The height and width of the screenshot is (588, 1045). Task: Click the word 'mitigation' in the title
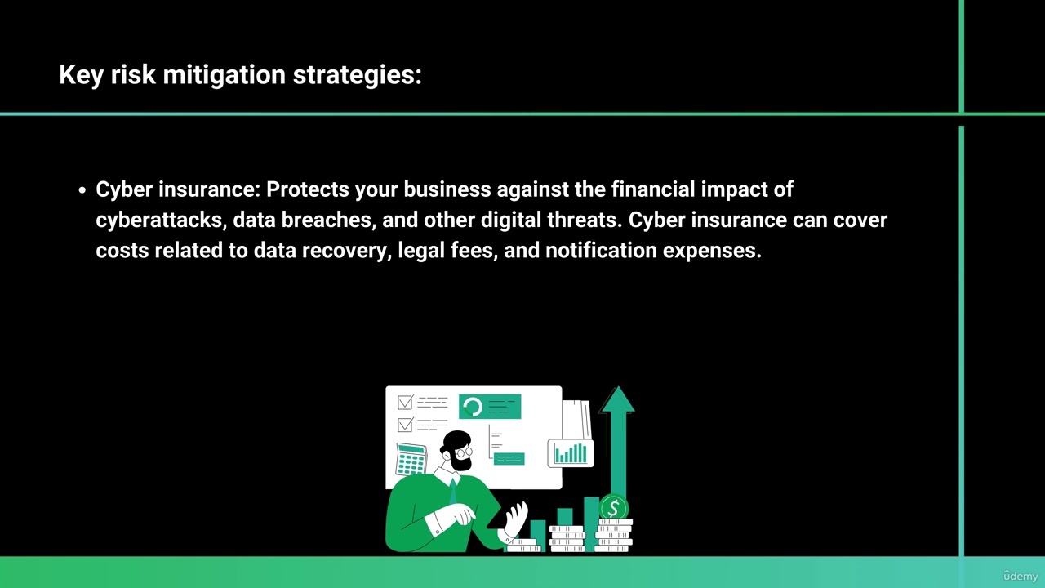point(224,74)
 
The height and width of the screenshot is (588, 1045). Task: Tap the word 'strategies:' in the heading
point(358,74)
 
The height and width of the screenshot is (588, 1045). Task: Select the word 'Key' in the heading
point(81,74)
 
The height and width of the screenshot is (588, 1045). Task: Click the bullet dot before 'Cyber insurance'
point(82,190)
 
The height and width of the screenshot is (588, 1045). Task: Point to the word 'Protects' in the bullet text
point(308,189)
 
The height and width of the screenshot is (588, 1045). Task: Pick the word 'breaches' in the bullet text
point(327,220)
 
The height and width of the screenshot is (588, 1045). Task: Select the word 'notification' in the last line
point(601,250)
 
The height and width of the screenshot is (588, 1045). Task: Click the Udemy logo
point(1021,576)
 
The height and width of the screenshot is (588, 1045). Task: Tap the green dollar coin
point(614,508)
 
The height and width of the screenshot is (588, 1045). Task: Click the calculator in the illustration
point(411,459)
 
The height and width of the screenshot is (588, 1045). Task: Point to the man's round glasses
point(464,452)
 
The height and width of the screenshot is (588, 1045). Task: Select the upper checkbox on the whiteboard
point(406,403)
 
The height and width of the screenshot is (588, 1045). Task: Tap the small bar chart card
point(571,453)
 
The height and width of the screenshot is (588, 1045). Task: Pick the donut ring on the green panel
point(473,407)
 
